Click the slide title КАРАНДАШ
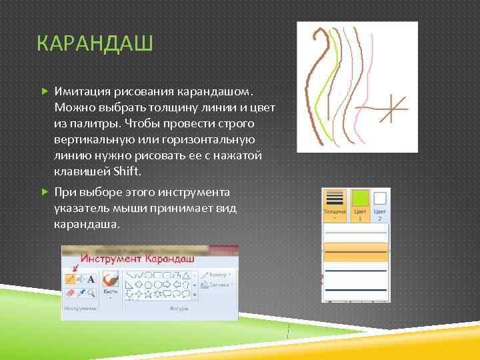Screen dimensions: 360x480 [95, 45]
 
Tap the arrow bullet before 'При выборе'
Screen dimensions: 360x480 [45, 193]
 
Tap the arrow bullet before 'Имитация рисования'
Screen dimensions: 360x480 [45, 90]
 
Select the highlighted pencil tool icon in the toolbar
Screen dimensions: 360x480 [70, 279]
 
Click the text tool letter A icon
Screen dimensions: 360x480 [91, 279]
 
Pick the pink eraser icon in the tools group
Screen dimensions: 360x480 [70, 293]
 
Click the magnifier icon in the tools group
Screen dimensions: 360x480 [91, 293]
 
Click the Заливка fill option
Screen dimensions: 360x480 [219, 285]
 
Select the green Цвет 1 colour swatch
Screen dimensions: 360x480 [359, 199]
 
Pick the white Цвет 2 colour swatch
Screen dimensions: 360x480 [380, 199]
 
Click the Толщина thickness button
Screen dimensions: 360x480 [335, 203]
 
